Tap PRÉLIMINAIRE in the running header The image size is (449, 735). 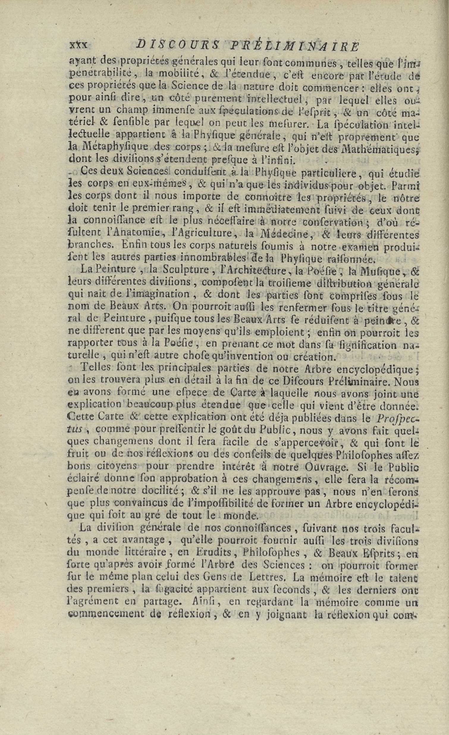(294, 45)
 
